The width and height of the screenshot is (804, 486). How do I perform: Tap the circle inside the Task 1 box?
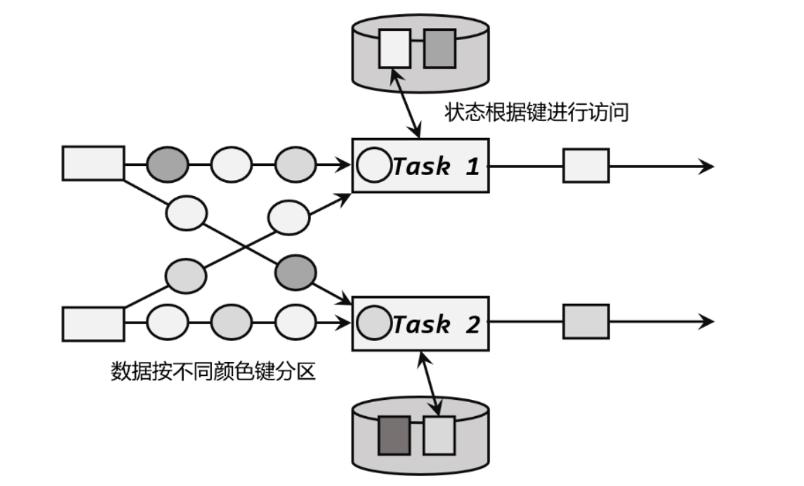pos(373,166)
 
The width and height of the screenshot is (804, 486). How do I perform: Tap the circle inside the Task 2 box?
pos(373,323)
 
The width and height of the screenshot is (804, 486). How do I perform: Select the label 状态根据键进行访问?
pos(536,113)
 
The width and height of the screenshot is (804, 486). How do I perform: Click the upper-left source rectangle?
pos(93,163)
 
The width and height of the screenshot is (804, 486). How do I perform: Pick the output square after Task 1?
pos(586,166)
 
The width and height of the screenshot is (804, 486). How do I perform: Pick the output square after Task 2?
pos(586,322)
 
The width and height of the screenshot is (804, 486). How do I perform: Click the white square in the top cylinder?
pos(394,48)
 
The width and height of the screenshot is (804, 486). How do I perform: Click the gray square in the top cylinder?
pos(440,48)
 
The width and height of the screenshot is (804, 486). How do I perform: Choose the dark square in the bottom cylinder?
pos(394,435)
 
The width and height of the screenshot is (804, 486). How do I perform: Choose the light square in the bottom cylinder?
pos(440,435)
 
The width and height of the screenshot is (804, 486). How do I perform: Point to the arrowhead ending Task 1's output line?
pos(707,166)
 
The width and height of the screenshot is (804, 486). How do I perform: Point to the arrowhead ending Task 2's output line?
pos(707,322)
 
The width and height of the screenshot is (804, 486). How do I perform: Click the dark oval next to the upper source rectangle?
pos(167,165)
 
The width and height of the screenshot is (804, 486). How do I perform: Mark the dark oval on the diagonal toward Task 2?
pos(296,272)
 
